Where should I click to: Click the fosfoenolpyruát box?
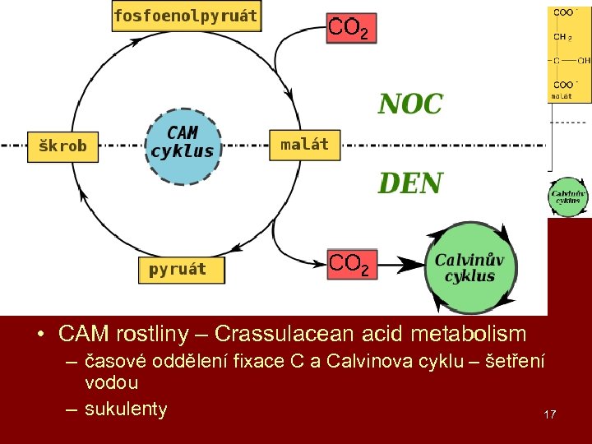[x=186, y=16]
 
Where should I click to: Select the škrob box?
[x=62, y=146]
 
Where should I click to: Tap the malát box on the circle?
[x=304, y=145]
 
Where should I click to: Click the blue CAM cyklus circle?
[x=183, y=146]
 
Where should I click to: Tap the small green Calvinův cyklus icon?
[x=568, y=197]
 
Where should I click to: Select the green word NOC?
[x=410, y=104]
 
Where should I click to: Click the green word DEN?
[x=410, y=183]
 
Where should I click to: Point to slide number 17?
[x=549, y=414]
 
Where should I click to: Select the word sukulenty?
[x=126, y=409]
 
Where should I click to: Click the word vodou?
[x=112, y=382]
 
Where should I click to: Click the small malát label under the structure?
[x=562, y=95]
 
